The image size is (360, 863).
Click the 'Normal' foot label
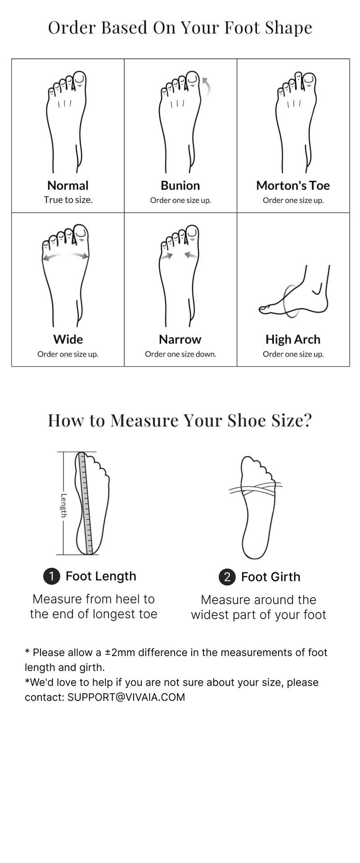point(68,185)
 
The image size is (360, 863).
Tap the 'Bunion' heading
point(180,185)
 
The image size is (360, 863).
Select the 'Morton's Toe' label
point(293,185)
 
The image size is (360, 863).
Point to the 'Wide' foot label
point(68,339)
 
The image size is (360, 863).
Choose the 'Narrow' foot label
point(180,339)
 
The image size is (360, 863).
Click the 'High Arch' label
point(293,339)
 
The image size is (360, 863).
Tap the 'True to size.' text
point(68,200)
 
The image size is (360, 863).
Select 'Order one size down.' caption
point(180,354)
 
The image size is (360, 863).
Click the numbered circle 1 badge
point(52,576)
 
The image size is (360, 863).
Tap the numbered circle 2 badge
point(227,577)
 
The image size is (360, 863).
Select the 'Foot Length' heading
point(101,576)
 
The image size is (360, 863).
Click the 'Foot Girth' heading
point(270,577)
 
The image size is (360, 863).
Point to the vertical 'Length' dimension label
point(64,505)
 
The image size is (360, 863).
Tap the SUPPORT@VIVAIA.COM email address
point(126,697)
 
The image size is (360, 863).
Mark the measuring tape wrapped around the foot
point(256,488)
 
